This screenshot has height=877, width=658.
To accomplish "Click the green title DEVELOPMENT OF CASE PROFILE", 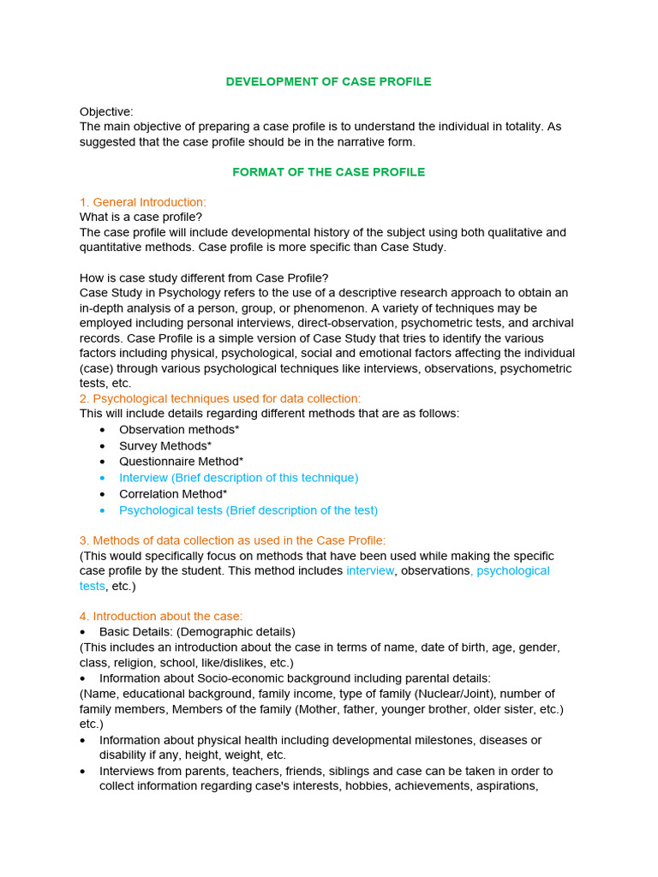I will click(x=328, y=81).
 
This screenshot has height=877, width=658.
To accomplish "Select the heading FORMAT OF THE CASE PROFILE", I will click(x=328, y=172).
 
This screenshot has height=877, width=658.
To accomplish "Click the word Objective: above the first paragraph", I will click(x=106, y=111).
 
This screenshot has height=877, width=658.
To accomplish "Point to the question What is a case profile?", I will click(x=141, y=218).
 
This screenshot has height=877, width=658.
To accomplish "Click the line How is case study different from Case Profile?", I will click(x=204, y=277).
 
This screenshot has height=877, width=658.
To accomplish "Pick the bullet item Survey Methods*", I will click(x=165, y=446).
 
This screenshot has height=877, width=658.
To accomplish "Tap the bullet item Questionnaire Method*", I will click(x=181, y=462).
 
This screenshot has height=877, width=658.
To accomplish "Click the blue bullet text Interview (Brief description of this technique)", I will click(x=238, y=478).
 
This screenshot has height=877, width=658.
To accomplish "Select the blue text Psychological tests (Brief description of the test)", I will click(x=248, y=510).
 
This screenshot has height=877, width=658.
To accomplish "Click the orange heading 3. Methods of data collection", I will click(x=232, y=540).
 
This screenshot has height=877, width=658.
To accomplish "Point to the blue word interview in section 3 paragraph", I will click(x=370, y=570).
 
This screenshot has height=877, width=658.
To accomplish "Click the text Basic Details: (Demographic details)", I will click(x=196, y=632).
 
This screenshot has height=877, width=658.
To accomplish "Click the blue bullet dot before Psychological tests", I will click(x=104, y=510).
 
